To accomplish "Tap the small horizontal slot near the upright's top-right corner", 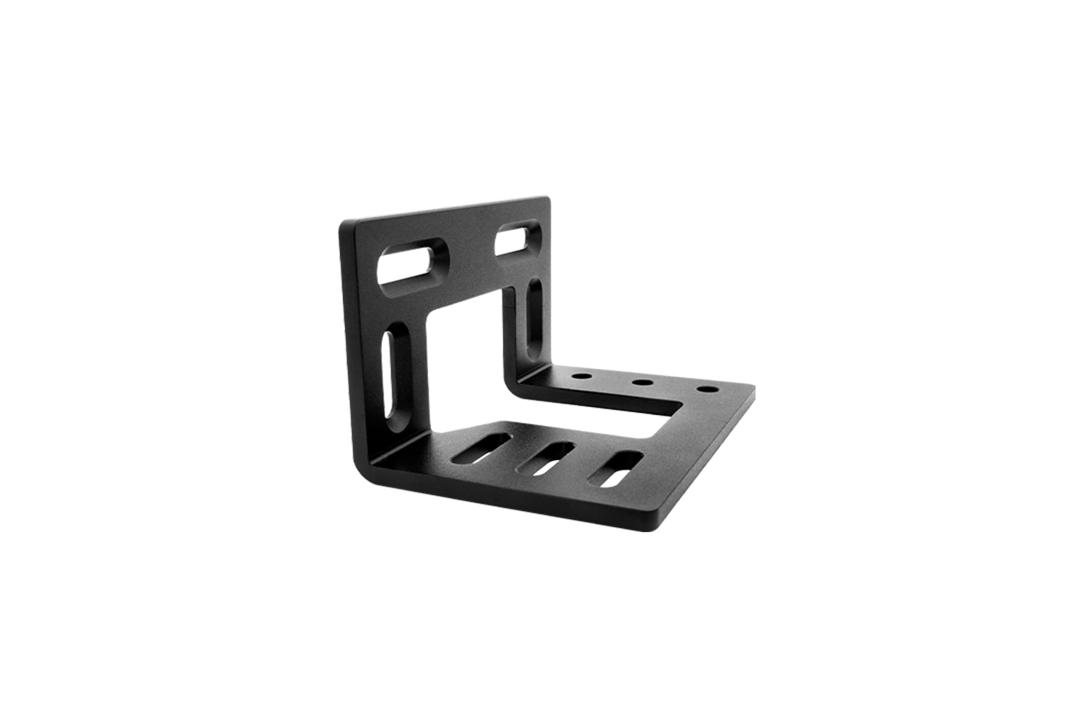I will [x=520, y=238].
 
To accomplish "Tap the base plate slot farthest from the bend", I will [x=616, y=469].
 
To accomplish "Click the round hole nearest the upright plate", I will [x=581, y=377].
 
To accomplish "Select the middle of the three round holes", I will [x=641, y=382].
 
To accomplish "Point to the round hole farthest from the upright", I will [x=704, y=389].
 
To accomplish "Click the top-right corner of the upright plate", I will [x=547, y=199].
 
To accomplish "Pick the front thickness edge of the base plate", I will [x=510, y=507].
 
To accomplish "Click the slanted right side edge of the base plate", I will [x=710, y=459].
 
